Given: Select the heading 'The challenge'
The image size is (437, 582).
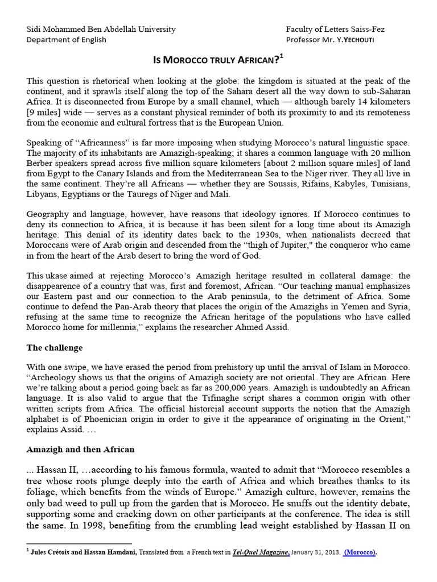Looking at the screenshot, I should (54, 347).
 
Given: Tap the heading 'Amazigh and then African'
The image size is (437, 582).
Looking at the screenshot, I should (80, 449).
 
